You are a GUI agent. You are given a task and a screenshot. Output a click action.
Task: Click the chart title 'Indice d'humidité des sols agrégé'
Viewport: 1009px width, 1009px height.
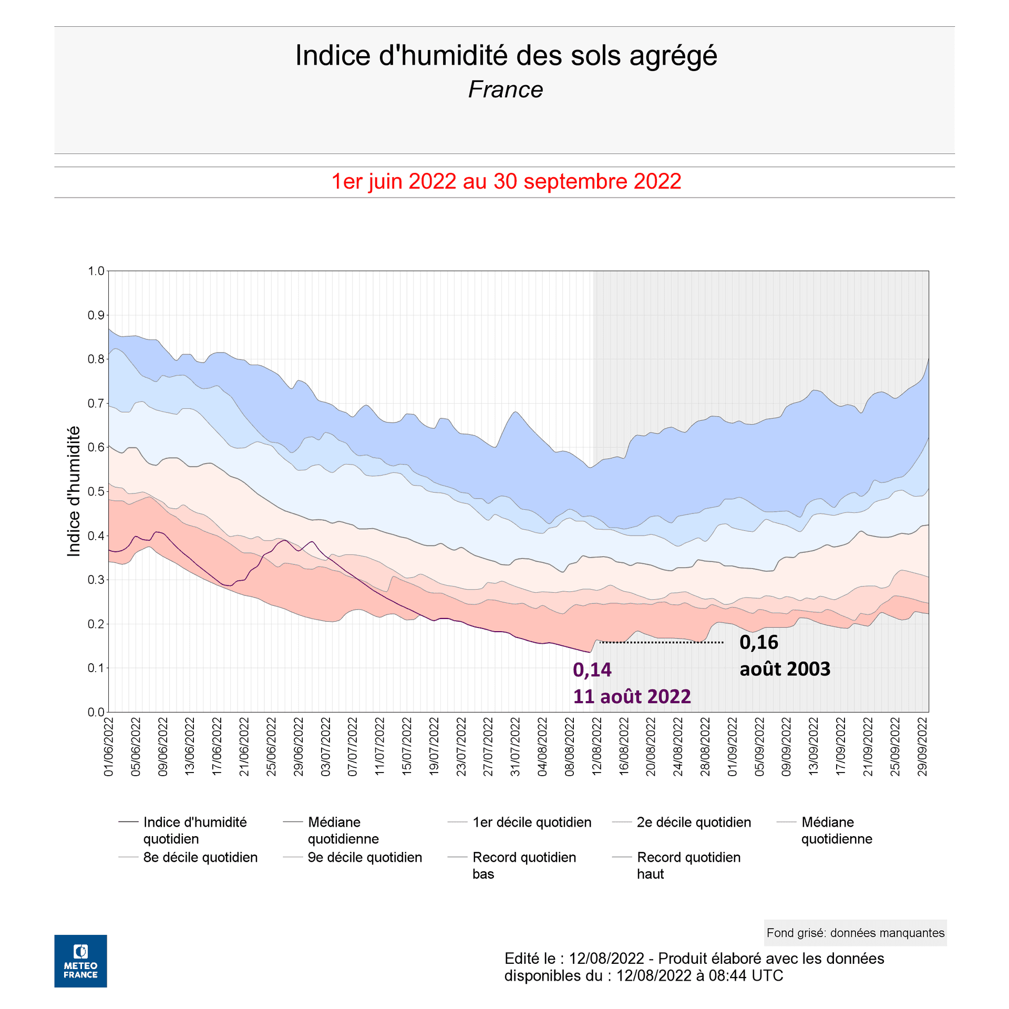pyautogui.click(x=506, y=56)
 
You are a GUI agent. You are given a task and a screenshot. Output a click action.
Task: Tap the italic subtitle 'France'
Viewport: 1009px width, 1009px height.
pyautogui.click(x=505, y=90)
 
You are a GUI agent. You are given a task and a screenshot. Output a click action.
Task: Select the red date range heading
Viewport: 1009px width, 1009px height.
pyautogui.click(x=506, y=182)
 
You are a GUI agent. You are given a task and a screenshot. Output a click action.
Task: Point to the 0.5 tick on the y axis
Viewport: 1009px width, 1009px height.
pyautogui.click(x=96, y=492)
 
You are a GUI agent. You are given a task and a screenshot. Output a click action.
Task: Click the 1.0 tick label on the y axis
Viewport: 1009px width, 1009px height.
pyautogui.click(x=96, y=271)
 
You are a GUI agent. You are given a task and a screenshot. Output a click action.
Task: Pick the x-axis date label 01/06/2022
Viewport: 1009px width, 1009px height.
pyautogui.click(x=109, y=747)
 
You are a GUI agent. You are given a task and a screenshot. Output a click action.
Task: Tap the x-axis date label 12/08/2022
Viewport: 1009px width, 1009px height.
pyautogui.click(x=597, y=747)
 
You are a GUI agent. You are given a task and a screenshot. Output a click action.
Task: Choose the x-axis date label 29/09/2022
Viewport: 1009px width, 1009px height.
pyautogui.click(x=922, y=747)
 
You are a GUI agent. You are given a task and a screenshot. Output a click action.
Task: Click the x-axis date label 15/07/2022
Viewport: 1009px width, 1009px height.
pyautogui.click(x=407, y=747)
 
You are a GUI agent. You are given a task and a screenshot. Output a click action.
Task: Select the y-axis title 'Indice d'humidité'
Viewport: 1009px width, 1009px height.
pyautogui.click(x=74, y=491)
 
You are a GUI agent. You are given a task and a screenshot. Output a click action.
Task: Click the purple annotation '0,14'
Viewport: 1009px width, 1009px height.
pyautogui.click(x=592, y=670)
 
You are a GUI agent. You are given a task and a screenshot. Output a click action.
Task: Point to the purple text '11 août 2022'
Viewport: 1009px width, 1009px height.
pyautogui.click(x=631, y=697)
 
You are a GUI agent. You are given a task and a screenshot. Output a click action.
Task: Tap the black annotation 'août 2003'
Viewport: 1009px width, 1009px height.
pyautogui.click(x=785, y=669)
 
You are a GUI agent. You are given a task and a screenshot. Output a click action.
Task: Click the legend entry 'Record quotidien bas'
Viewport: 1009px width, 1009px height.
pyautogui.click(x=523, y=866)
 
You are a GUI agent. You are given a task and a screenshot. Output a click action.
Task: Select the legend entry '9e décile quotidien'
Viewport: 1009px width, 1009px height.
pyautogui.click(x=364, y=858)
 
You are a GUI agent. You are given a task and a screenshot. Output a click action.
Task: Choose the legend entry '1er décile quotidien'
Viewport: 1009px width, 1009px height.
pyautogui.click(x=531, y=822)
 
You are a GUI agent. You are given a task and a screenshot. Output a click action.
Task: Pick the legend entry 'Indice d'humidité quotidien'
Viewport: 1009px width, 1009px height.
pyautogui.click(x=194, y=830)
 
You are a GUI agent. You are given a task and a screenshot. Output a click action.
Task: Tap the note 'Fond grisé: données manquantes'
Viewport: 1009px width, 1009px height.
pyautogui.click(x=855, y=933)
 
